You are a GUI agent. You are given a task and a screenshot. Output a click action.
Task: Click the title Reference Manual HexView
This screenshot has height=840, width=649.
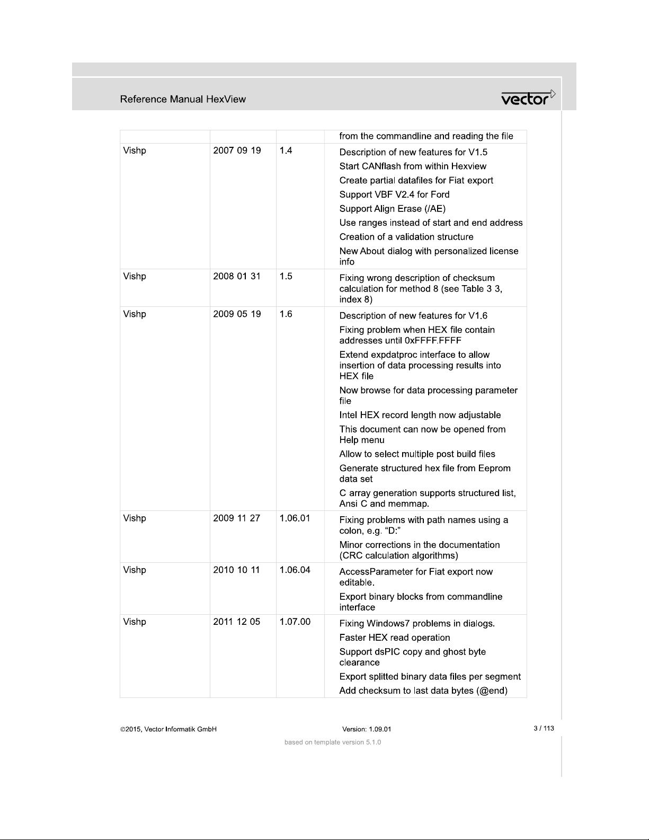[183, 99]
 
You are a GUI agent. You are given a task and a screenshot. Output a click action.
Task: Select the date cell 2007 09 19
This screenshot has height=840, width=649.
[237, 151]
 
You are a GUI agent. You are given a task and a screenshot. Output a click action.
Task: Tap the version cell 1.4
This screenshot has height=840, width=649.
[286, 151]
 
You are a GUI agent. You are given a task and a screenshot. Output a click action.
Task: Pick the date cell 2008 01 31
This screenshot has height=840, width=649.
[237, 276]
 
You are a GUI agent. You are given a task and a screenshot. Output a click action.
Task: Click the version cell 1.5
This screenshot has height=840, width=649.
[286, 276]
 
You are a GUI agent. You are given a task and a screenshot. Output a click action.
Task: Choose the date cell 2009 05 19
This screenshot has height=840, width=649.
[237, 314]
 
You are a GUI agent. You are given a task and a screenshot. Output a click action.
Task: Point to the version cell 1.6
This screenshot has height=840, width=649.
[286, 314]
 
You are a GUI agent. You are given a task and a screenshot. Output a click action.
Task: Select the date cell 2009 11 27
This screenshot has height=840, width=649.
[236, 518]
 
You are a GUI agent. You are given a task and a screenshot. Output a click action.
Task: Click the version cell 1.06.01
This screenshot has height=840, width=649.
[295, 518]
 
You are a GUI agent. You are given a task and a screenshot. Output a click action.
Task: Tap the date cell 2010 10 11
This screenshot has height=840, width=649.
[236, 570]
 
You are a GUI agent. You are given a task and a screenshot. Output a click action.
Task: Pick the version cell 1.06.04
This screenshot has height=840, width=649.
[295, 570]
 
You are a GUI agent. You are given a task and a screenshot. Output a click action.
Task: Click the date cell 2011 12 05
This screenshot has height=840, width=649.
[236, 622]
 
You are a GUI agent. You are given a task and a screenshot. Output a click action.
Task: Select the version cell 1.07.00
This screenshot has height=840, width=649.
[295, 622]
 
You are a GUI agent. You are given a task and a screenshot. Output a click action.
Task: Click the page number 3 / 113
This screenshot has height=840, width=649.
[544, 728]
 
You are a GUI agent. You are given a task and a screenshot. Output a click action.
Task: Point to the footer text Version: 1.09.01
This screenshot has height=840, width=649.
[367, 729]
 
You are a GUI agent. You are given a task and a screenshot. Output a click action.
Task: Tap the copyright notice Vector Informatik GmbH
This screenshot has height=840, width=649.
[168, 729]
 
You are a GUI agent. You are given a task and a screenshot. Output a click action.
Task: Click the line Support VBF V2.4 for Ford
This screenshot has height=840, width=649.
[394, 194]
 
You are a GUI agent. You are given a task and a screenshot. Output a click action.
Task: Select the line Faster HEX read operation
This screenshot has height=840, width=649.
[395, 638]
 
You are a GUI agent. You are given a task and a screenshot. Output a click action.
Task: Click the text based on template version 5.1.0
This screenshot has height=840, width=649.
[333, 742]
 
